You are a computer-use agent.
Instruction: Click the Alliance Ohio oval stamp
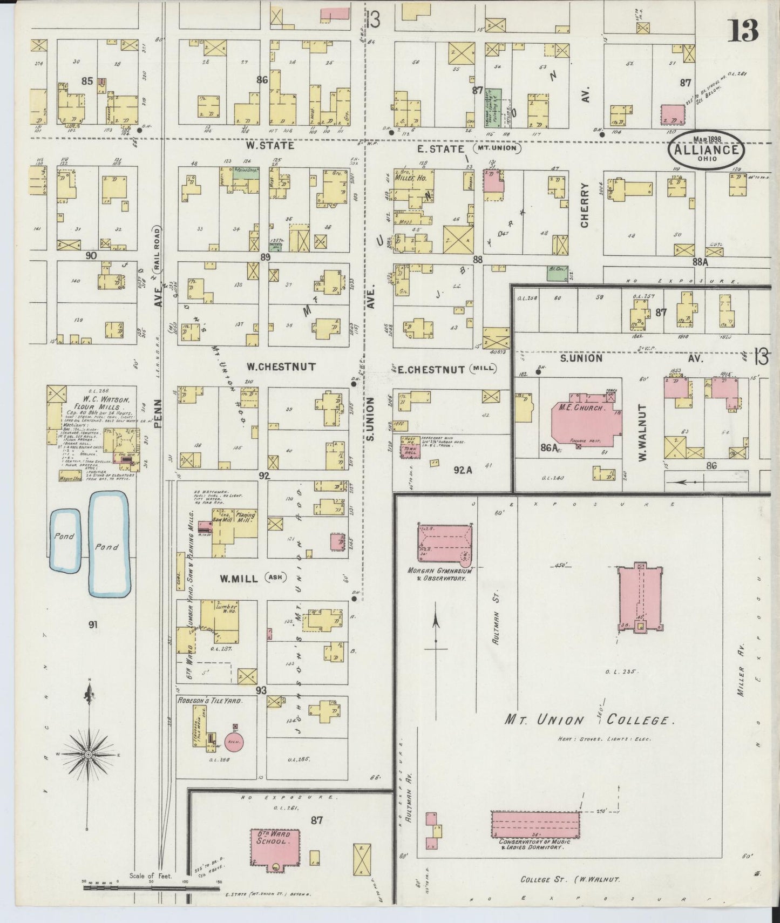[x=706, y=149]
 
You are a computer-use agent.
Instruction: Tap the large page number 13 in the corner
[x=743, y=31]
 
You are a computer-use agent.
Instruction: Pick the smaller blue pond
[x=65, y=540]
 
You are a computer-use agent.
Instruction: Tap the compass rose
[x=87, y=753]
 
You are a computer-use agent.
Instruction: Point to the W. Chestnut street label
[x=281, y=367]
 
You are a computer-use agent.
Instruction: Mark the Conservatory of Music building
[x=535, y=825]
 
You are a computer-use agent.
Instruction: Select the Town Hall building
[x=410, y=448]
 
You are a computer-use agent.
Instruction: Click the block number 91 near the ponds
[x=92, y=625]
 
